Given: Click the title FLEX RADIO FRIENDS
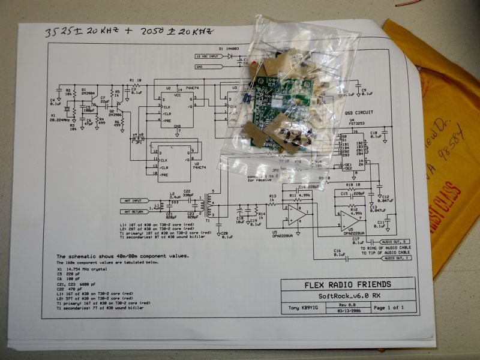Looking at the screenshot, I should (x=347, y=284).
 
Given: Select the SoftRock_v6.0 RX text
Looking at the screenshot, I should (x=347, y=296).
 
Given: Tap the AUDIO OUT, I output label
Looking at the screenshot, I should (x=397, y=259).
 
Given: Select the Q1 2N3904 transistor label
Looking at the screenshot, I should (x=88, y=92).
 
